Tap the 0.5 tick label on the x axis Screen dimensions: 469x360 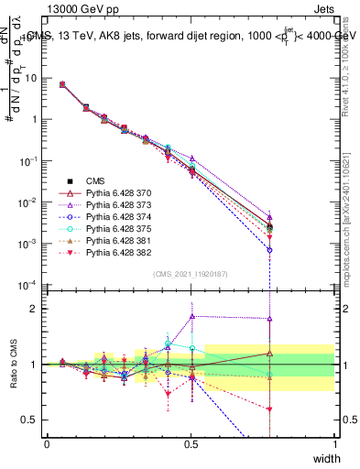coord(191,443)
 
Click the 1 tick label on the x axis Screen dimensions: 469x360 coord(334,443)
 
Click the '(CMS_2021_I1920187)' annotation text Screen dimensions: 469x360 coord(191,273)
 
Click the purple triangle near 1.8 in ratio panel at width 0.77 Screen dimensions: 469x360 coord(269,319)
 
